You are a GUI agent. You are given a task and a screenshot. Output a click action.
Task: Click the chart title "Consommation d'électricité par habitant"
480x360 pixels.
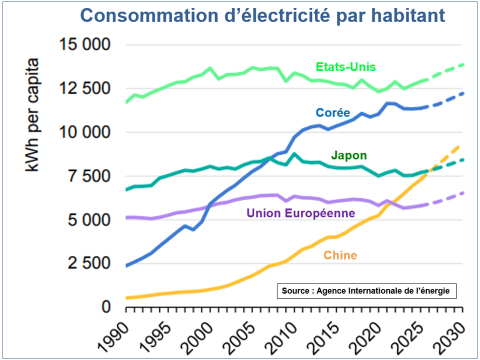262,16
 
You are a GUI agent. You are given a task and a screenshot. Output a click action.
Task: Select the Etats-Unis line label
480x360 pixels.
345,67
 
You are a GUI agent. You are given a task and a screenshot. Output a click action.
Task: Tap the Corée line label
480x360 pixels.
332,112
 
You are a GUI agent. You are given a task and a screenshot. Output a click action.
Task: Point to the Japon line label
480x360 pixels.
348,155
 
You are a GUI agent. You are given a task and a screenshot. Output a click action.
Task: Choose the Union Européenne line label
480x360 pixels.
301,213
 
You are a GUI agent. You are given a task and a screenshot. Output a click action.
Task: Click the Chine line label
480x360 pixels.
340,255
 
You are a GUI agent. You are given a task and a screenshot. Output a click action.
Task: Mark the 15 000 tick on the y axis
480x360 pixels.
84,45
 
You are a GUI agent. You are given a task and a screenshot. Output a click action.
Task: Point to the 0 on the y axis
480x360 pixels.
105,306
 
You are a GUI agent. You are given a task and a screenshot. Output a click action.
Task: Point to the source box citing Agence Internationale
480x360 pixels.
366,290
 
